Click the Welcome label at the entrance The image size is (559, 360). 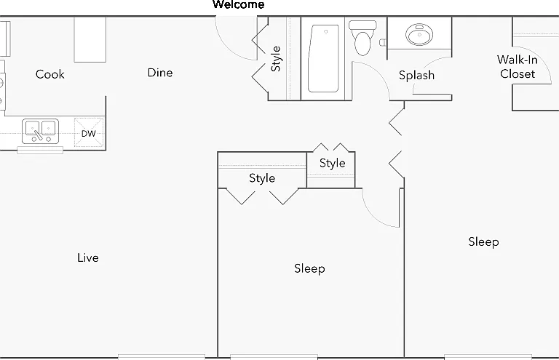pyautogui.click(x=239, y=4)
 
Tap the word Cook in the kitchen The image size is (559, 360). pyautogui.click(x=50, y=74)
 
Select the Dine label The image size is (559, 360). pyautogui.click(x=160, y=73)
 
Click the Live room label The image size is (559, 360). pyautogui.click(x=87, y=257)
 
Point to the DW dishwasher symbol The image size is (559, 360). pyautogui.click(x=89, y=133)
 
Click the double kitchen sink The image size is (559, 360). pyautogui.click(x=40, y=131)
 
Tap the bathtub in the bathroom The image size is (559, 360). pyautogui.click(x=323, y=58)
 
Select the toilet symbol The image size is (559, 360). pyautogui.click(x=363, y=38)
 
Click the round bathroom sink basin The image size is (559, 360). pyautogui.click(x=419, y=34)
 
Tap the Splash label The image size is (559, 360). pyautogui.click(x=416, y=75)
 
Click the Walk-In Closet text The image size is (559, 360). pyautogui.click(x=518, y=67)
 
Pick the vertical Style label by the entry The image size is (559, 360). pyautogui.click(x=276, y=59)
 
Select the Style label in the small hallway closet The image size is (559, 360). pyautogui.click(x=332, y=163)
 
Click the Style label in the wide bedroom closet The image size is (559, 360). pyautogui.click(x=262, y=178)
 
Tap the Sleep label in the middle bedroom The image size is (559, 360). pyautogui.click(x=309, y=268)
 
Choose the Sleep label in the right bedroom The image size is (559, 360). pyautogui.click(x=483, y=241)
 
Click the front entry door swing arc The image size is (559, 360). pyautogui.click(x=227, y=49)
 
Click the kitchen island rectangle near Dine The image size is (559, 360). pyautogui.click(x=90, y=39)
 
